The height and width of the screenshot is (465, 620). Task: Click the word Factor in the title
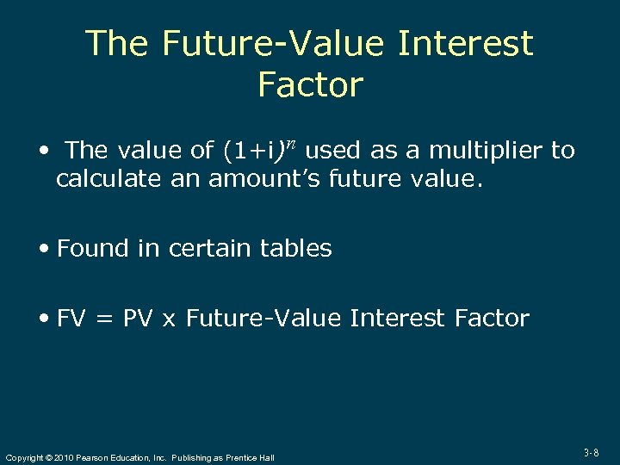point(310,85)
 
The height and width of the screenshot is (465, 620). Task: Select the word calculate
point(106,180)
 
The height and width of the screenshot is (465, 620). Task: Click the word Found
point(92,249)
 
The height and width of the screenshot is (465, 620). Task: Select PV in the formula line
point(138,319)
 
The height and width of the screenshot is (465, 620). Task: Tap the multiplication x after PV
point(169,320)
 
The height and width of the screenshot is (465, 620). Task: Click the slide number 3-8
point(591,452)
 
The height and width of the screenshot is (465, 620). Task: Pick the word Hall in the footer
point(265,457)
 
